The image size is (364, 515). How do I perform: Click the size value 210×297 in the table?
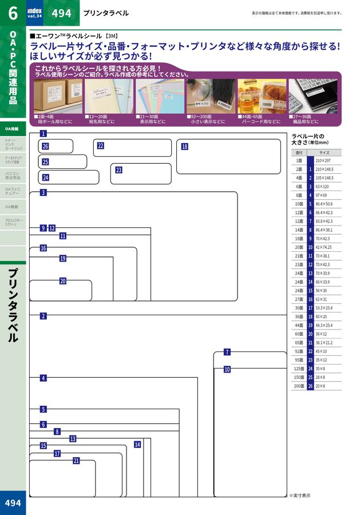(324, 161)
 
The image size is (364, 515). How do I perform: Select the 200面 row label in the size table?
(299, 386)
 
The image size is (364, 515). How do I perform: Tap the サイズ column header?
(324, 153)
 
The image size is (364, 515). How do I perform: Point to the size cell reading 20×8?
(321, 386)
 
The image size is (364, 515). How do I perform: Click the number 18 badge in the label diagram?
(184, 146)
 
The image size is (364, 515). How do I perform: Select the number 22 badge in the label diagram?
(100, 146)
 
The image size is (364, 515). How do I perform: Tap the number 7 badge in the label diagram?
(227, 352)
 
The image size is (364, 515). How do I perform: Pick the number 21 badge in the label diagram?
(76, 461)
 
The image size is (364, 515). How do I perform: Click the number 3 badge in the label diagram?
(43, 193)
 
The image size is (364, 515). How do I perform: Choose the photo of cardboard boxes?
(58, 96)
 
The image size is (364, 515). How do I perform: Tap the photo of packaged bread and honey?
(262, 96)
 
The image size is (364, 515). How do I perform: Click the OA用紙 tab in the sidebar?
(12, 129)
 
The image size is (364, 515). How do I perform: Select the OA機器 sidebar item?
(11, 207)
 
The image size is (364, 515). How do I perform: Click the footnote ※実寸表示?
(299, 496)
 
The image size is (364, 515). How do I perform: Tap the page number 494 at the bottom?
(13, 502)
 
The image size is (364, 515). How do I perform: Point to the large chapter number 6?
(12, 13)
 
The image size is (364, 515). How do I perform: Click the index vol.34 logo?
(35, 13)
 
